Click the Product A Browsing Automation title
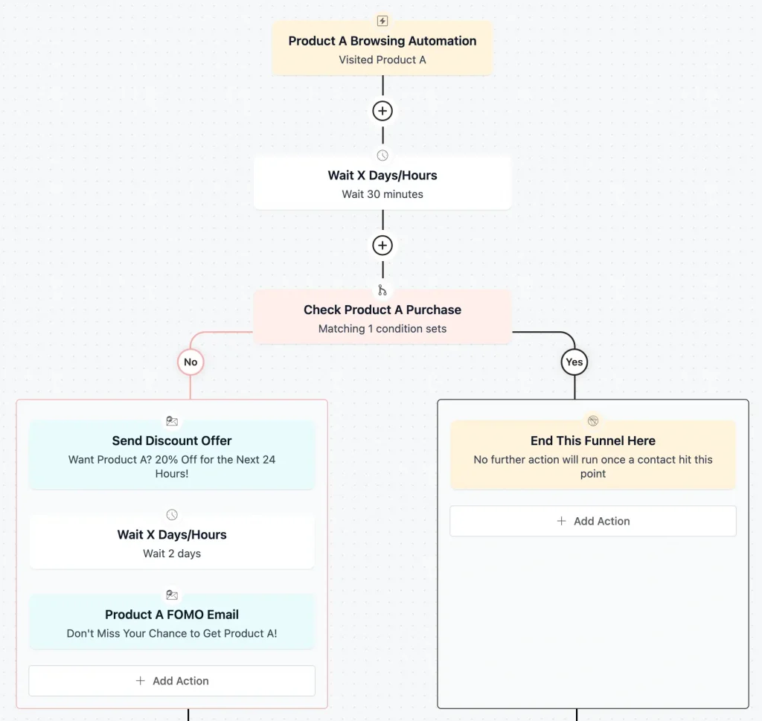pyautogui.click(x=382, y=41)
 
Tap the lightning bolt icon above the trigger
pyautogui.click(x=382, y=21)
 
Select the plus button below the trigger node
pyautogui.click(x=382, y=111)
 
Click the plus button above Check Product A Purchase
pyautogui.click(x=382, y=246)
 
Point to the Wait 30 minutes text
pyautogui.click(x=382, y=194)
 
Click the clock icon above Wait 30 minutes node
pyautogui.click(x=382, y=156)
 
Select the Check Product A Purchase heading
pyautogui.click(x=382, y=310)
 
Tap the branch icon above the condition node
pyautogui.click(x=382, y=290)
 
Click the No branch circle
pyautogui.click(x=190, y=362)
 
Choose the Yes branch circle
pyautogui.click(x=574, y=362)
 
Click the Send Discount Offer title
pyautogui.click(x=172, y=440)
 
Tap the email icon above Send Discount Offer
pyautogui.click(x=172, y=421)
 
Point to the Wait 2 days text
pyautogui.click(x=172, y=554)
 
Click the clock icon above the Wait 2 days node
pyautogui.click(x=172, y=515)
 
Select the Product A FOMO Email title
pyautogui.click(x=172, y=615)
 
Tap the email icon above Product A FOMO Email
pyautogui.click(x=172, y=595)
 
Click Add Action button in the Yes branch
pyautogui.click(x=593, y=522)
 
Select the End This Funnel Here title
pyautogui.click(x=593, y=440)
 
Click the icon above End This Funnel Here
pyautogui.click(x=593, y=421)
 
